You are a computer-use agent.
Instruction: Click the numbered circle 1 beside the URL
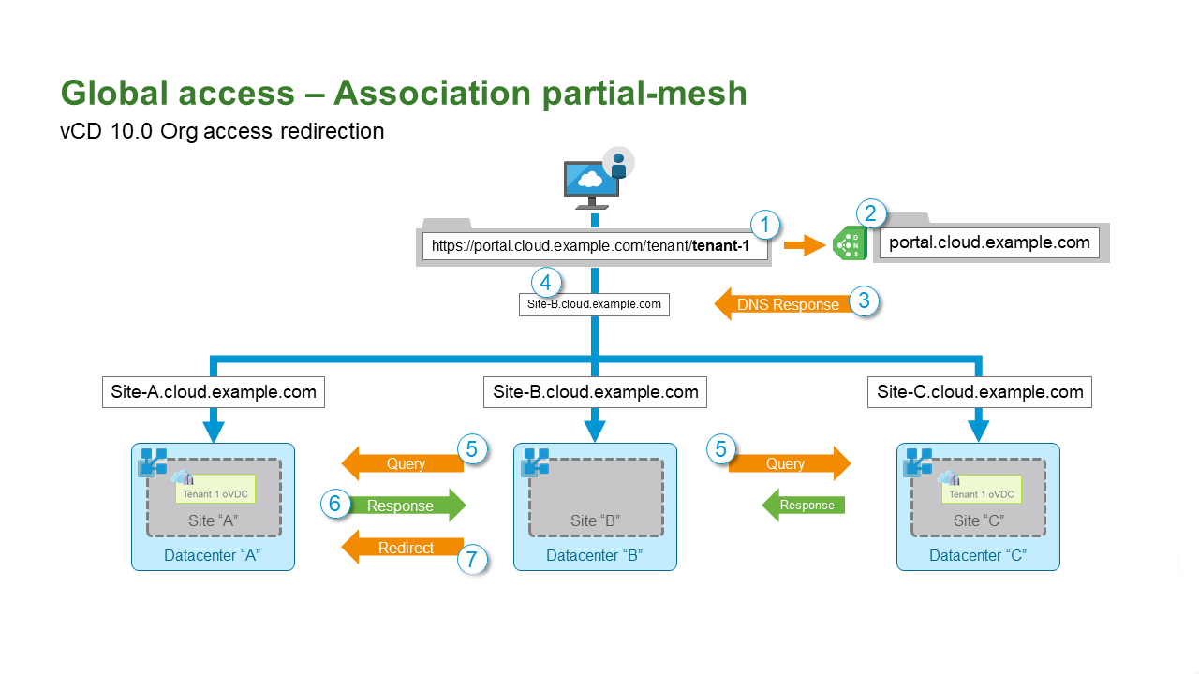[765, 226]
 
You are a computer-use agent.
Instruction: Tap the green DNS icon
[850, 244]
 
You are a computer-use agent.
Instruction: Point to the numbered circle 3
[864, 301]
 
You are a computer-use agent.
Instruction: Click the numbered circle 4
[546, 282]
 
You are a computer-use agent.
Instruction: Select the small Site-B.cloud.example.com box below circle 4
[594, 304]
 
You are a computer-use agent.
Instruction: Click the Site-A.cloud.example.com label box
[214, 392]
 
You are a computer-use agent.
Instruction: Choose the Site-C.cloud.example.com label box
[980, 392]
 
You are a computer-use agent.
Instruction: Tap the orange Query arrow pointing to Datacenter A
[404, 463]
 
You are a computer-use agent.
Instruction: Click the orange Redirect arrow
[404, 548]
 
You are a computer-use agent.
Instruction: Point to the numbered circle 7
[472, 560]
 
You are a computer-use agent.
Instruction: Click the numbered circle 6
[334, 504]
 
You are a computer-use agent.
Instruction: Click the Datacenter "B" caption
[594, 556]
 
